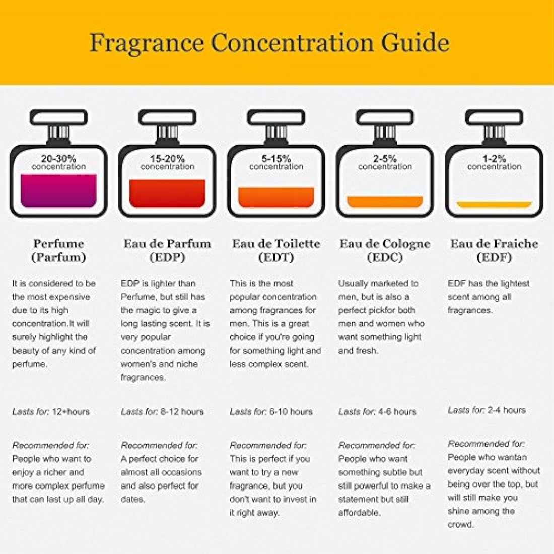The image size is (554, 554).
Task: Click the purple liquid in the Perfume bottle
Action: [x=58, y=191]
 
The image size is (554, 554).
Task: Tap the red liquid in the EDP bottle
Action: [x=167, y=194]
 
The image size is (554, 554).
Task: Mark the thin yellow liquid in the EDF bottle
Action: [x=494, y=205]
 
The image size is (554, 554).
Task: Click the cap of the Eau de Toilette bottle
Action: [x=276, y=118]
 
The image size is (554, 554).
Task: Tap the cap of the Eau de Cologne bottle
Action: [x=385, y=118]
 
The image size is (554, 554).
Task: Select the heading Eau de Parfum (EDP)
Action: [x=167, y=250]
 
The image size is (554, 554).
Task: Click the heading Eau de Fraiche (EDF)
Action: [x=494, y=250]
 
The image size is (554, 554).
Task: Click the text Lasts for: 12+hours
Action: [x=51, y=412]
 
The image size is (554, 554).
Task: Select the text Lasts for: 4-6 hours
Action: [x=377, y=412]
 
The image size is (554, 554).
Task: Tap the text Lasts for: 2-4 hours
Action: [x=487, y=410]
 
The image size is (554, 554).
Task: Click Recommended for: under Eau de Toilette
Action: [x=268, y=446]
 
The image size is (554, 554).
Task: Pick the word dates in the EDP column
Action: [x=132, y=500]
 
